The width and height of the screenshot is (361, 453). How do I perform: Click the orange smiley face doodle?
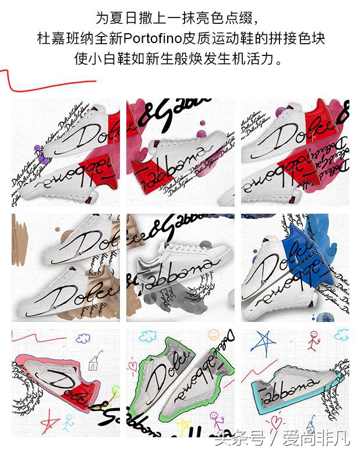pyautogui.click(x=213, y=336)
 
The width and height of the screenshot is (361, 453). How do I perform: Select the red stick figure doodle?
pyautogui.click(x=313, y=341)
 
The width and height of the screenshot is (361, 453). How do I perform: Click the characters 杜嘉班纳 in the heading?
pyautogui.click(x=58, y=39)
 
